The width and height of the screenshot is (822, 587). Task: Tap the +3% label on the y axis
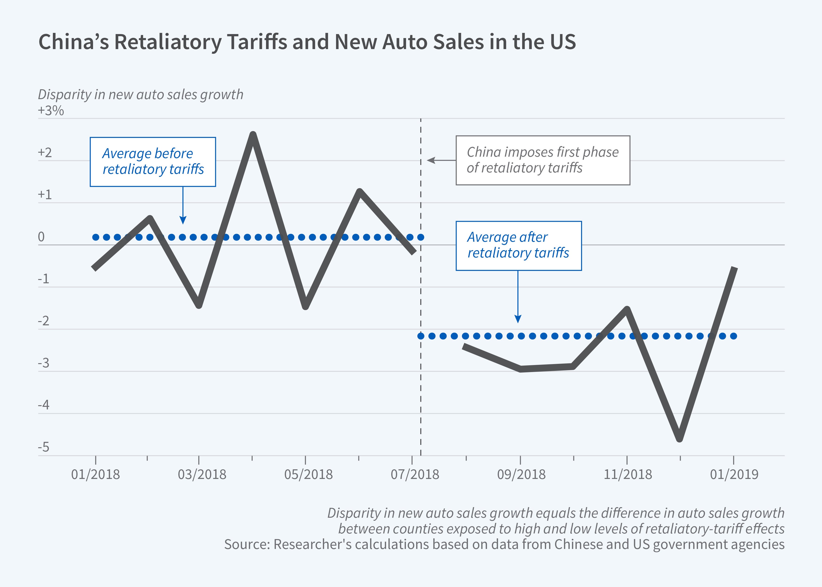tap(51, 110)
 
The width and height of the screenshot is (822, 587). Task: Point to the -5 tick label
tap(43, 447)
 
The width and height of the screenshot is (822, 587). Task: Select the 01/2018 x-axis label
tap(95, 474)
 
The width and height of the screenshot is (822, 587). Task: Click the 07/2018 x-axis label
tap(415, 474)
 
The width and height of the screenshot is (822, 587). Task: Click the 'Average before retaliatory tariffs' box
tap(153, 162)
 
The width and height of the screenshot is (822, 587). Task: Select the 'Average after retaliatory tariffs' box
tap(518, 245)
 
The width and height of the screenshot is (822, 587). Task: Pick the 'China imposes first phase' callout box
tap(542, 160)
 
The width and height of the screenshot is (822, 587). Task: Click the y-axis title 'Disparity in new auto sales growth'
tap(140, 94)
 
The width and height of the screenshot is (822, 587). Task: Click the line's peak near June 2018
tap(359, 191)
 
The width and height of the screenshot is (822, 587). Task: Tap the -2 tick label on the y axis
tap(43, 321)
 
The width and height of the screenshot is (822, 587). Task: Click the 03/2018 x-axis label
tap(202, 474)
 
